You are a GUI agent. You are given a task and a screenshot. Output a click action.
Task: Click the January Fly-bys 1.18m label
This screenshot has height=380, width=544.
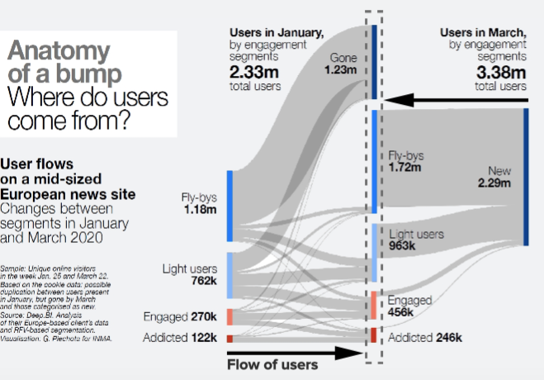point(199,203)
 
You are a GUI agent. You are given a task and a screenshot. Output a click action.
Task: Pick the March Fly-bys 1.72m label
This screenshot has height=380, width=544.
point(404,161)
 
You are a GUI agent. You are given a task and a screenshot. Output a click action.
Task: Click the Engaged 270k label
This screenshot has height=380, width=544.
point(179,316)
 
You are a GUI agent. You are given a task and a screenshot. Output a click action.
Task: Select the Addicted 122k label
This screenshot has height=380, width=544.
point(179,337)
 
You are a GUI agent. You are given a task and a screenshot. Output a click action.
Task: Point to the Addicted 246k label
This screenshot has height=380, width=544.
point(425,337)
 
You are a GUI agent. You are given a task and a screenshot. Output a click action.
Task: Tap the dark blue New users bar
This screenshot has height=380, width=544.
point(525,176)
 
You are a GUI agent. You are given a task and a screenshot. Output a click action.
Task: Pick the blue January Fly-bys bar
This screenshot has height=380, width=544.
point(229,207)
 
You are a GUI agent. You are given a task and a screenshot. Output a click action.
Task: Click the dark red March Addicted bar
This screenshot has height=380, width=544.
point(374,335)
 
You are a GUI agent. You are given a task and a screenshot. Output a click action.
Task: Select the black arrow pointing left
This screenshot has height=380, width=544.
point(454,100)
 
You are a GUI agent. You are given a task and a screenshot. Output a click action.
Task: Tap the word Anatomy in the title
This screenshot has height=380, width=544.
point(58,50)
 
